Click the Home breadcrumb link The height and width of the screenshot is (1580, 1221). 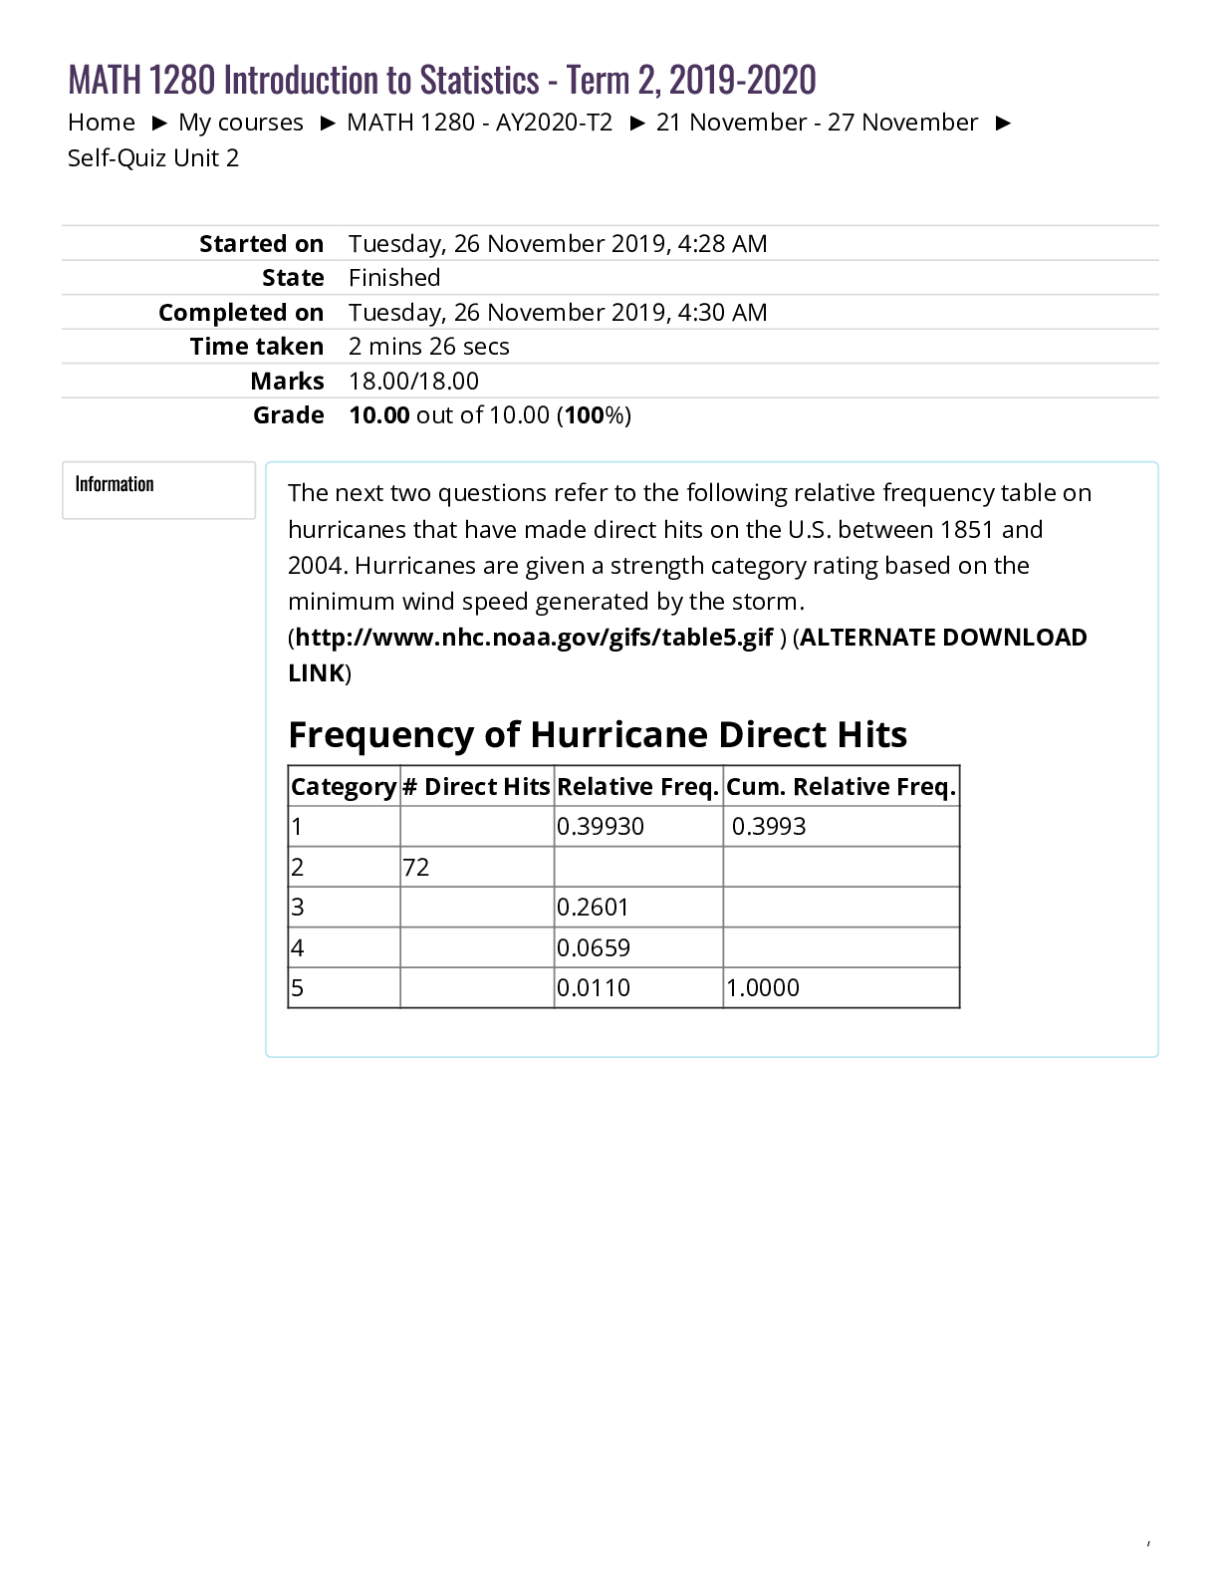[x=101, y=123]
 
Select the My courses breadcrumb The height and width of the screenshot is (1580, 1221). [x=240, y=123]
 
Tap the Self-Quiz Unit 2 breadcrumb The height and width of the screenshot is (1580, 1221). [x=153, y=158]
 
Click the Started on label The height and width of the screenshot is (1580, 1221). [x=261, y=244]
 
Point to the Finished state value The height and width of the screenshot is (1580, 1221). [x=394, y=278]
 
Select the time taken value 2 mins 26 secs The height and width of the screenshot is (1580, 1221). [x=428, y=347]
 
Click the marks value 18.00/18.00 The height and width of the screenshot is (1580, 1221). [x=413, y=382]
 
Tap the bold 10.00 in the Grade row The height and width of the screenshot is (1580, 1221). [x=378, y=415]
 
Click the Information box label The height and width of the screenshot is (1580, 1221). [x=115, y=484]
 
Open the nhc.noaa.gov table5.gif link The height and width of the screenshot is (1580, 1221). [x=534, y=638]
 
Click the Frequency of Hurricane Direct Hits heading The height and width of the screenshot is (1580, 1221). [x=598, y=735]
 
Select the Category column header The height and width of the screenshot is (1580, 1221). [x=344, y=787]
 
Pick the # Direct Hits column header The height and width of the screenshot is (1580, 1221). [x=476, y=787]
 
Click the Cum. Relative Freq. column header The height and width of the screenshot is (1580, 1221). [x=841, y=787]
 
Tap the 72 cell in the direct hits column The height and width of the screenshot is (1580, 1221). [x=416, y=868]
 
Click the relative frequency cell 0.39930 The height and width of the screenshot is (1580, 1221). [x=601, y=827]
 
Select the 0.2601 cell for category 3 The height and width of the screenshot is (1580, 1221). [x=593, y=908]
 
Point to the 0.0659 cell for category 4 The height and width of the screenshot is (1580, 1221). [x=594, y=948]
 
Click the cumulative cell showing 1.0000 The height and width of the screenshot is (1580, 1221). [x=763, y=988]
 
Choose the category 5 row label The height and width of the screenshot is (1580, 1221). [x=297, y=988]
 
